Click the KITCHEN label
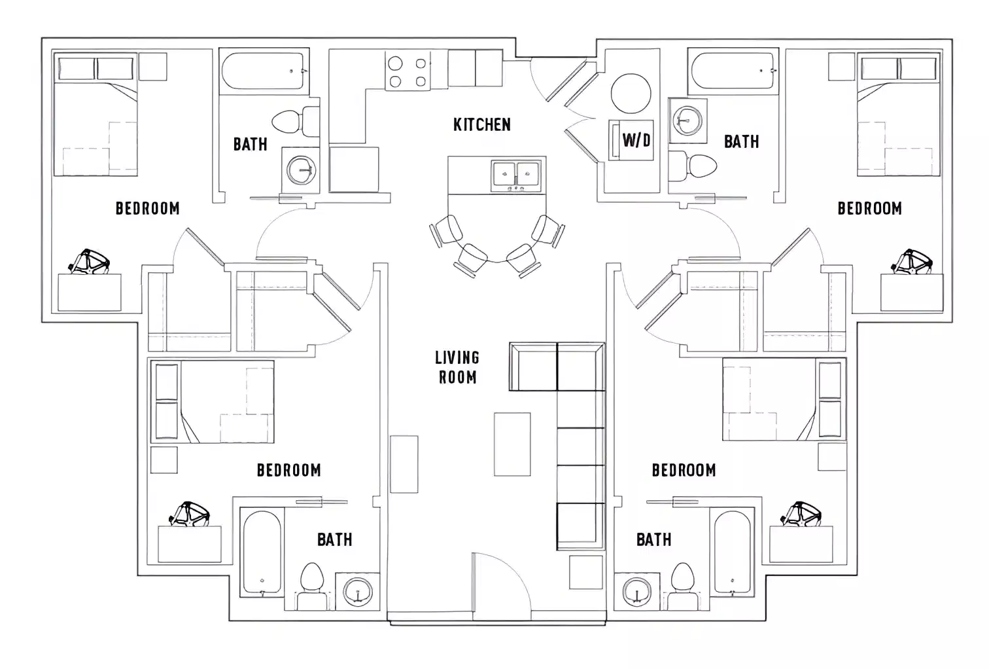482,124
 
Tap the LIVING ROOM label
457,367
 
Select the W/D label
636,139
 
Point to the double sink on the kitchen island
515,174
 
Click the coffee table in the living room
512,444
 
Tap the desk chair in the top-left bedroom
90,262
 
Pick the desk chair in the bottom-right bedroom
798,515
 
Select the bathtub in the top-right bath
733,69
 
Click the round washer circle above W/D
631,93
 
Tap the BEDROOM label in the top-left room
147,208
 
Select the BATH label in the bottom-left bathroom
334,539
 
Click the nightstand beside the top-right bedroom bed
842,67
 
